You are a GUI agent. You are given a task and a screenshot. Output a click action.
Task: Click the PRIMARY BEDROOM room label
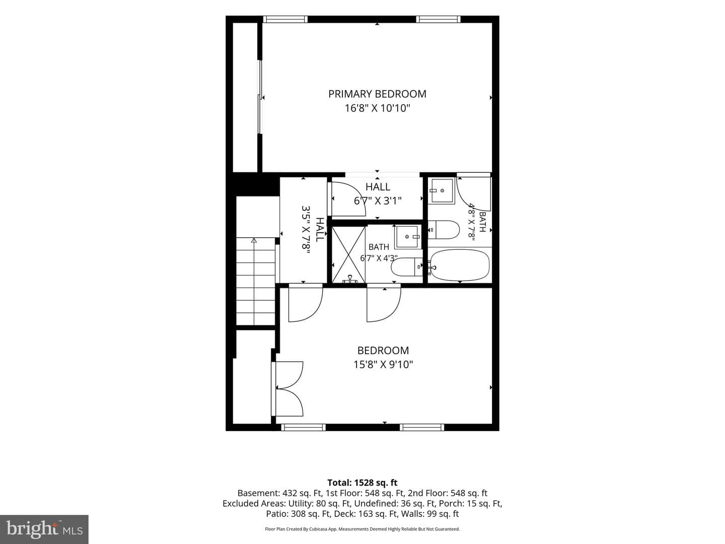point(377,94)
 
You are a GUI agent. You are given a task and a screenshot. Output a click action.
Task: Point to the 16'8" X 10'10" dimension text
point(377,108)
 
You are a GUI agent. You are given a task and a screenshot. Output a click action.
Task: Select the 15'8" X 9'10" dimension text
point(383,365)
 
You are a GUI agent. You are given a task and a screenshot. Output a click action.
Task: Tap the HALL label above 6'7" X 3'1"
point(378,187)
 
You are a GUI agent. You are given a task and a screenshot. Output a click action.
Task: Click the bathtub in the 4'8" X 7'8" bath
point(460,265)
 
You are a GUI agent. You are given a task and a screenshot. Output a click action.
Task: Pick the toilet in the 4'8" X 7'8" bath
point(444,230)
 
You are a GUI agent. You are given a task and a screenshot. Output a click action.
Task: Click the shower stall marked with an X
point(348,255)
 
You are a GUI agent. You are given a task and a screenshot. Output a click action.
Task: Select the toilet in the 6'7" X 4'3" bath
point(407,267)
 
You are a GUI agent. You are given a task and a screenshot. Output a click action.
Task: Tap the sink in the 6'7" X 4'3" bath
point(408,237)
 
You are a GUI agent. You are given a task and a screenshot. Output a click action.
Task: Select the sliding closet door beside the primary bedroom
point(260,97)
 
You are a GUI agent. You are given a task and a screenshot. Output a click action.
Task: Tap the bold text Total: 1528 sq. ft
point(362,483)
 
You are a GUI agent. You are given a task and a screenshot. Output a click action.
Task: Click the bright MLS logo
point(44,529)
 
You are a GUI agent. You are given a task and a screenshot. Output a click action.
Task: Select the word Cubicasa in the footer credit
point(320,529)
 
